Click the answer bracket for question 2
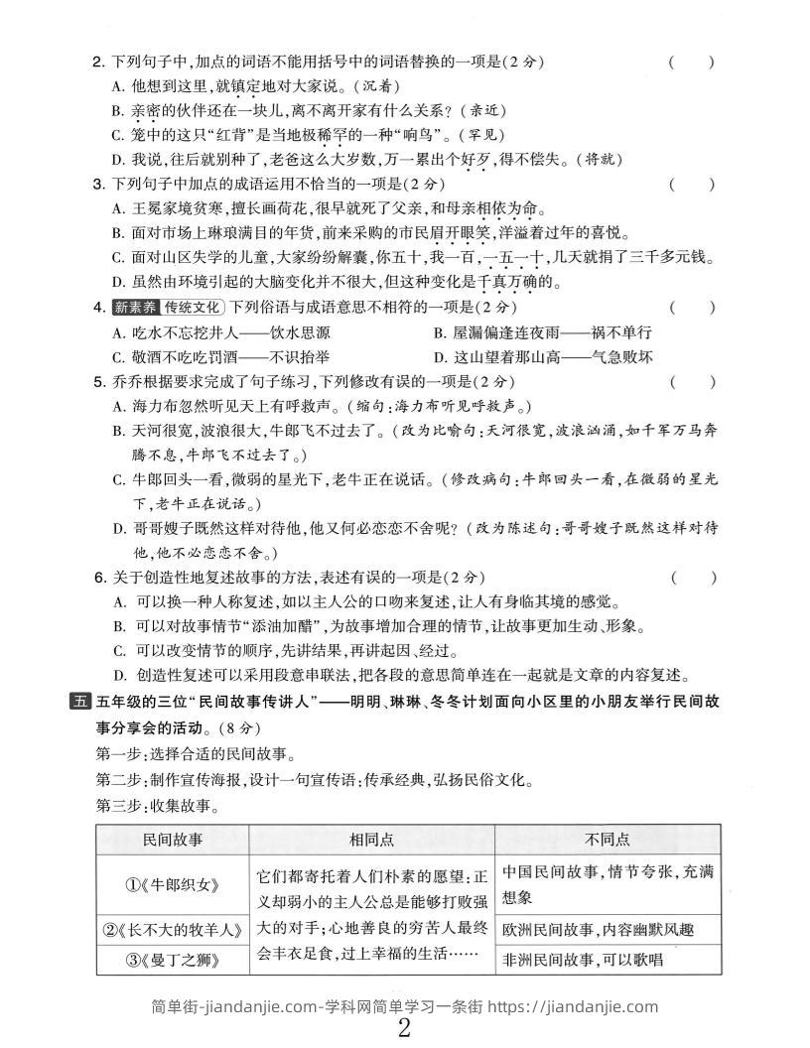tap(691, 63)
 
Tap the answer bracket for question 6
tap(691, 577)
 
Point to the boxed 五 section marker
tap(79, 702)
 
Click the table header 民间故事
tap(173, 840)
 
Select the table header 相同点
tap(371, 840)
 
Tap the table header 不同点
tap(607, 840)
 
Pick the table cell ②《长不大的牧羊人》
tap(173, 930)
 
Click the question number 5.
tap(97, 381)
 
